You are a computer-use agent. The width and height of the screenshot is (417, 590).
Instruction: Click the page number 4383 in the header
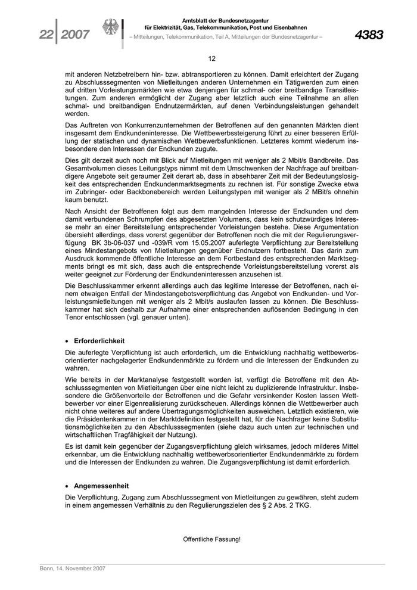coord(369,35)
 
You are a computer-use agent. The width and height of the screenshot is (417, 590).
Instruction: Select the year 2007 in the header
coord(74,35)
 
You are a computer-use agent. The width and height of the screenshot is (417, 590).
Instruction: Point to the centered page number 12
coord(211,58)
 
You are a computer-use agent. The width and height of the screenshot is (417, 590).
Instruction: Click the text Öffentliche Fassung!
coord(211,539)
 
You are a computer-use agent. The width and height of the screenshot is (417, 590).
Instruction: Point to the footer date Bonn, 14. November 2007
coord(73,569)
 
